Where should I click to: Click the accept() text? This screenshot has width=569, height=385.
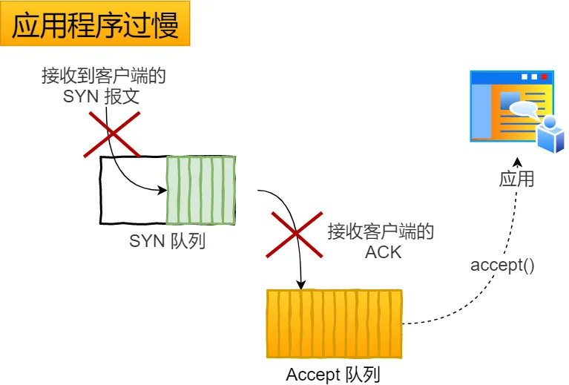[x=502, y=265]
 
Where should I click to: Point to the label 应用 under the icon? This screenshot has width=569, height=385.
[x=516, y=180]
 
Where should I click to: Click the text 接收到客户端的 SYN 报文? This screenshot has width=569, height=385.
[x=103, y=86]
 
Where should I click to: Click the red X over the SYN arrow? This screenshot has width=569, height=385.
[x=112, y=134]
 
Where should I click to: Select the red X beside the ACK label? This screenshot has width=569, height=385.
[x=295, y=234]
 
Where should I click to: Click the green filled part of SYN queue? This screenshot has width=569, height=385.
[x=200, y=190]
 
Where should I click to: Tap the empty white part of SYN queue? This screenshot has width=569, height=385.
[x=133, y=190]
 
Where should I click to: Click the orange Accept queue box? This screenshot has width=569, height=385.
[x=334, y=324]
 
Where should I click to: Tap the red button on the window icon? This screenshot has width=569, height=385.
[x=544, y=76]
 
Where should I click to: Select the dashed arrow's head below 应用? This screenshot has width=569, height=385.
[x=518, y=162]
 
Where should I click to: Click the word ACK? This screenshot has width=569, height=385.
[x=383, y=251]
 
